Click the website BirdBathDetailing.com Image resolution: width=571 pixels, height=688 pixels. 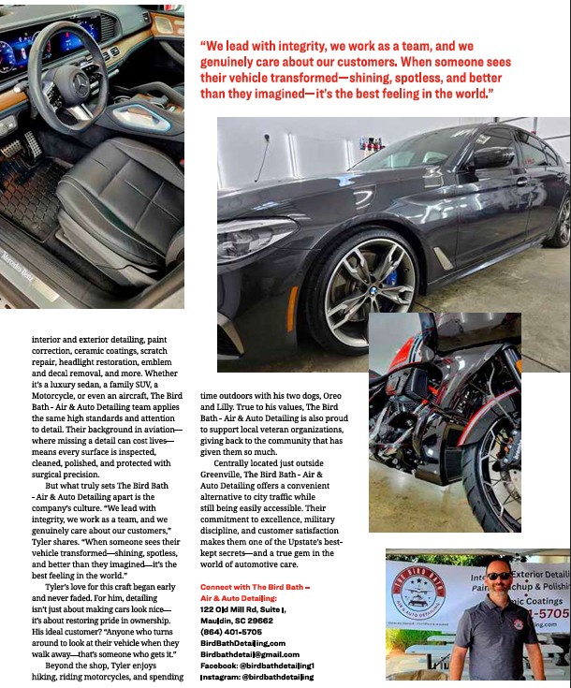tap(242, 642)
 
